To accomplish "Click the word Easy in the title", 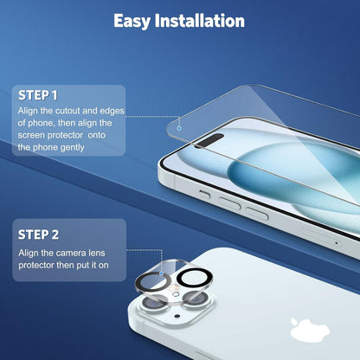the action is click(132, 22).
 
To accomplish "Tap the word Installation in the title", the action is click(200, 21).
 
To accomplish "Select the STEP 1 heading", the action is click(38, 95).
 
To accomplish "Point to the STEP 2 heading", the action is click(38, 235).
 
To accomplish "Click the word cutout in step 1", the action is click(67, 111).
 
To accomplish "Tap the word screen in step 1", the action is click(30, 135).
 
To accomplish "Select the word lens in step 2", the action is click(97, 253).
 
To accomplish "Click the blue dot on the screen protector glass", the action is click(179, 128).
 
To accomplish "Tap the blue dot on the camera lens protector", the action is click(162, 273).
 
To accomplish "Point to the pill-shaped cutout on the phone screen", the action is click(209, 140).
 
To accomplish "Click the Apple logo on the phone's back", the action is click(310, 330).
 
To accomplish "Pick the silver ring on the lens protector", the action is click(138, 284).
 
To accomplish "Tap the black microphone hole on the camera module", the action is click(177, 316).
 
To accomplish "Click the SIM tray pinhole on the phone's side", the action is click(337, 243).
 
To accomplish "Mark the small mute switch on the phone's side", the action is click(204, 194).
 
